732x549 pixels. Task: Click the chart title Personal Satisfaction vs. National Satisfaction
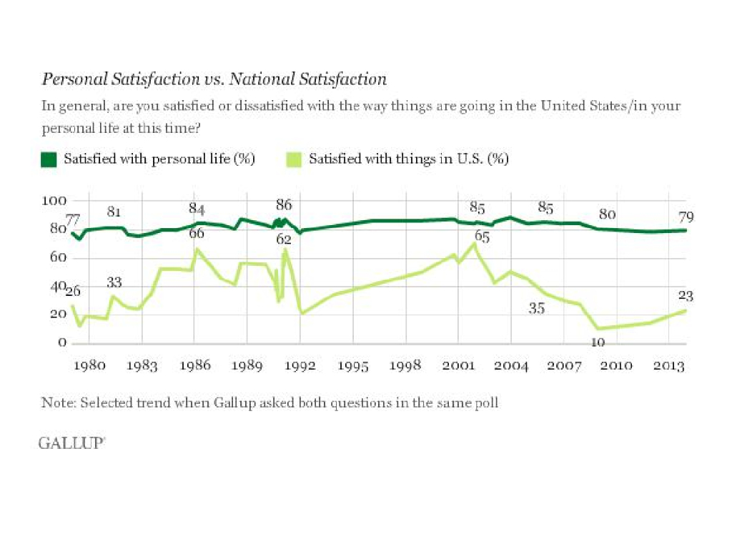click(x=214, y=79)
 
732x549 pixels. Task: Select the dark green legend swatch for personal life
click(x=49, y=159)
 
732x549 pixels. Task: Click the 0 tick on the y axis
click(x=62, y=344)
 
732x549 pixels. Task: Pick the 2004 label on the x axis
click(x=511, y=365)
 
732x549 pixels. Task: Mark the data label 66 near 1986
click(x=197, y=233)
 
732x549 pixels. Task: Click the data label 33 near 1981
click(x=115, y=282)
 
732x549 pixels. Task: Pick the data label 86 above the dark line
click(x=284, y=205)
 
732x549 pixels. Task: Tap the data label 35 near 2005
click(x=537, y=308)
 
